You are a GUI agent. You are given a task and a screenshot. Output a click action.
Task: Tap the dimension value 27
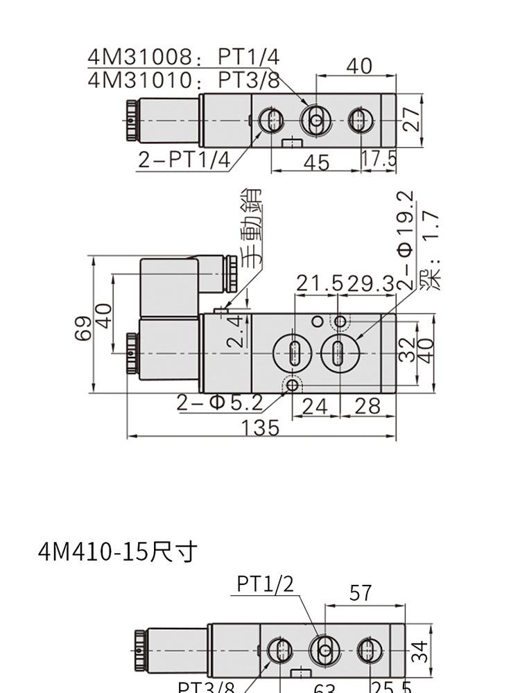point(412,119)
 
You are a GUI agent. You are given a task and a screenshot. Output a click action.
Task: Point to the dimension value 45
point(317,162)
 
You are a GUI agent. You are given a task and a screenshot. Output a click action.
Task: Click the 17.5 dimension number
point(379,159)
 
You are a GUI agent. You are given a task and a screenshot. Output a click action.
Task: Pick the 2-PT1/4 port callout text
point(183,159)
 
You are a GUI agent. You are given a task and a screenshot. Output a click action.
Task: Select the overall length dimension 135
point(261,428)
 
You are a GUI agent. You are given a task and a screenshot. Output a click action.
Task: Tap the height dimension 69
point(83,328)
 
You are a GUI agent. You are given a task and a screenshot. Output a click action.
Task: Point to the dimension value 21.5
point(320,283)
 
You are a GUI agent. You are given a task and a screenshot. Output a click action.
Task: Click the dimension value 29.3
point(370,283)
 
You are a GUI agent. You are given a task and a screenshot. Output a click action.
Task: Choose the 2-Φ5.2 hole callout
point(219,403)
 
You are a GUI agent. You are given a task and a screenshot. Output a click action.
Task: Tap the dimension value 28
point(367,406)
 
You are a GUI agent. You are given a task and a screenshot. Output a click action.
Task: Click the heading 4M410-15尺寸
point(118,552)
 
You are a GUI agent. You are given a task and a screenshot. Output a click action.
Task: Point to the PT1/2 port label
point(265,584)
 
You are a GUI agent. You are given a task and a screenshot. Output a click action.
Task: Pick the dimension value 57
point(361,593)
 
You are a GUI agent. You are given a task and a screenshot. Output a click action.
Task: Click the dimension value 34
point(419,651)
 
